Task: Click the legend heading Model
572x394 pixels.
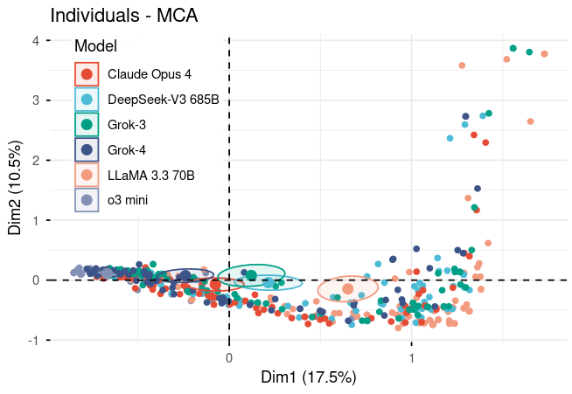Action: point(96,46)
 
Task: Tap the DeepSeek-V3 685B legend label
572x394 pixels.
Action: point(163,100)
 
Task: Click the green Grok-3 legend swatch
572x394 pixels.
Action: point(87,125)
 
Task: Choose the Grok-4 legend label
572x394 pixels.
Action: point(127,150)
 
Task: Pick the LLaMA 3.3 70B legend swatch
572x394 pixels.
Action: point(87,176)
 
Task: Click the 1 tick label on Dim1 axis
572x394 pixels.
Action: point(412,356)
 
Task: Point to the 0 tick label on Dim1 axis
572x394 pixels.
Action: point(229,356)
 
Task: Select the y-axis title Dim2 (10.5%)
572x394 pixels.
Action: point(15,190)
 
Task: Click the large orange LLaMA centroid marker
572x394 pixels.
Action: point(347,288)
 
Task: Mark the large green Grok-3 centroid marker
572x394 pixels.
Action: point(251,275)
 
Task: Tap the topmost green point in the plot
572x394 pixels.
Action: point(513,48)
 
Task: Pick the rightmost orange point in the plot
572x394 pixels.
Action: point(544,54)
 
